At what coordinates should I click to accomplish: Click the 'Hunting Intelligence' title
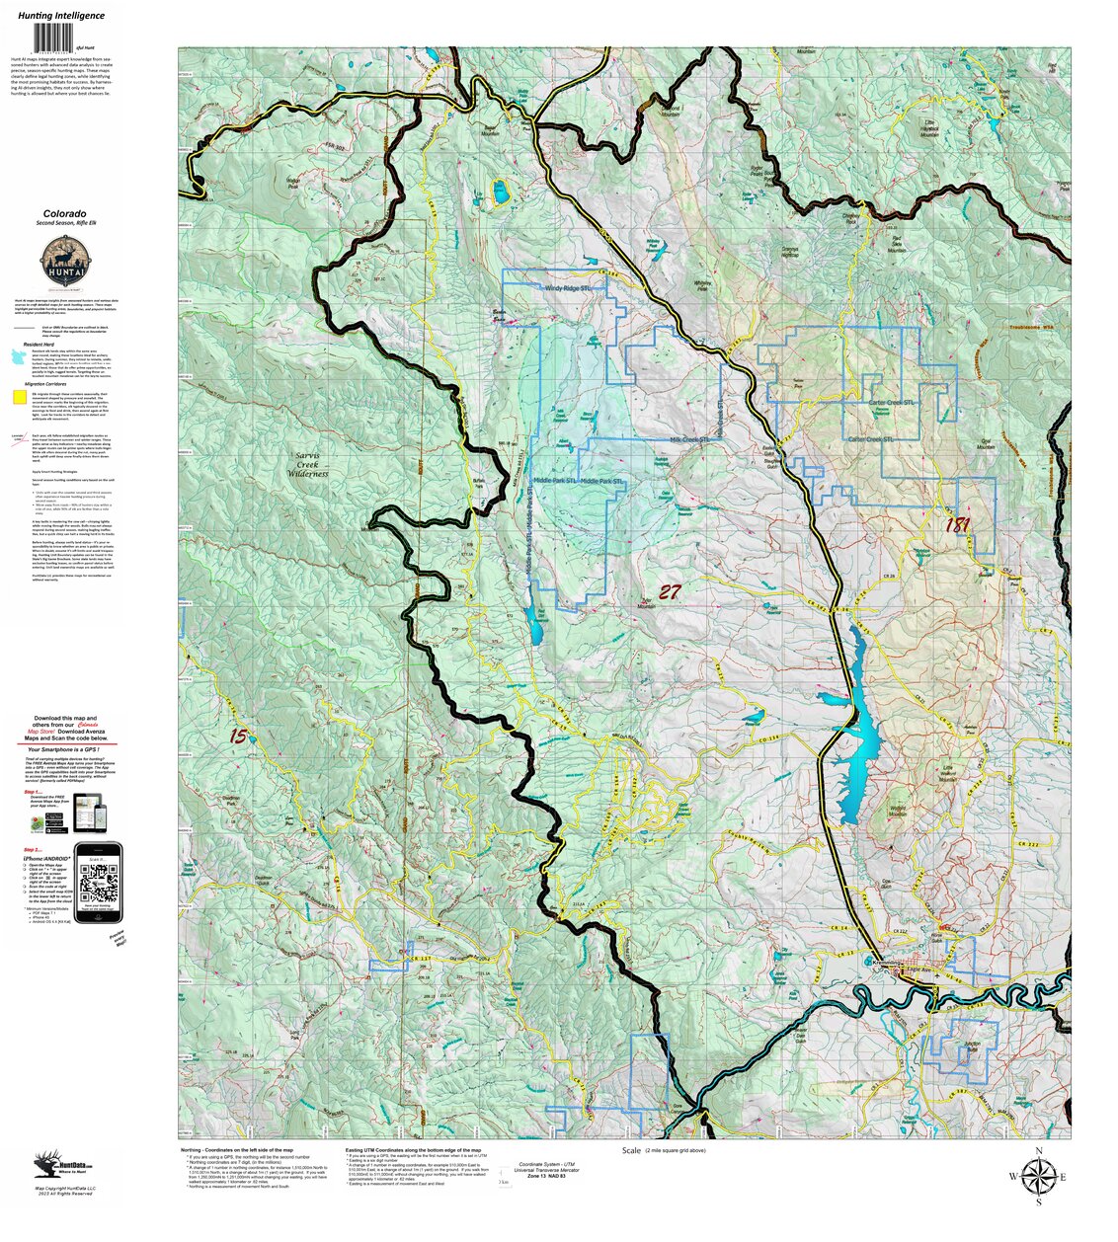(x=61, y=16)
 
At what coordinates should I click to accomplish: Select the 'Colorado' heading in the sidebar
(x=64, y=213)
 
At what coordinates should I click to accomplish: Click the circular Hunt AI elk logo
(x=63, y=265)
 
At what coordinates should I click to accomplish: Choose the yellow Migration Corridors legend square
(x=19, y=398)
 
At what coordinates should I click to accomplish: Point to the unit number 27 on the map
(x=670, y=592)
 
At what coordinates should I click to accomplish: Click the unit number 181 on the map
(x=956, y=525)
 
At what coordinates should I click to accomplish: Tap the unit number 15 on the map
(x=238, y=736)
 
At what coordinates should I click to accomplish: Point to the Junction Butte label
(x=972, y=1045)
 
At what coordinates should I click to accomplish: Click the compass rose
(x=1037, y=1176)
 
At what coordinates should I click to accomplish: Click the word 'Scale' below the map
(x=631, y=1150)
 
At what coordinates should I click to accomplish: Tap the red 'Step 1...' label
(x=34, y=793)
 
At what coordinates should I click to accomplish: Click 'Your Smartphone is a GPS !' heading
(x=75, y=749)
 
